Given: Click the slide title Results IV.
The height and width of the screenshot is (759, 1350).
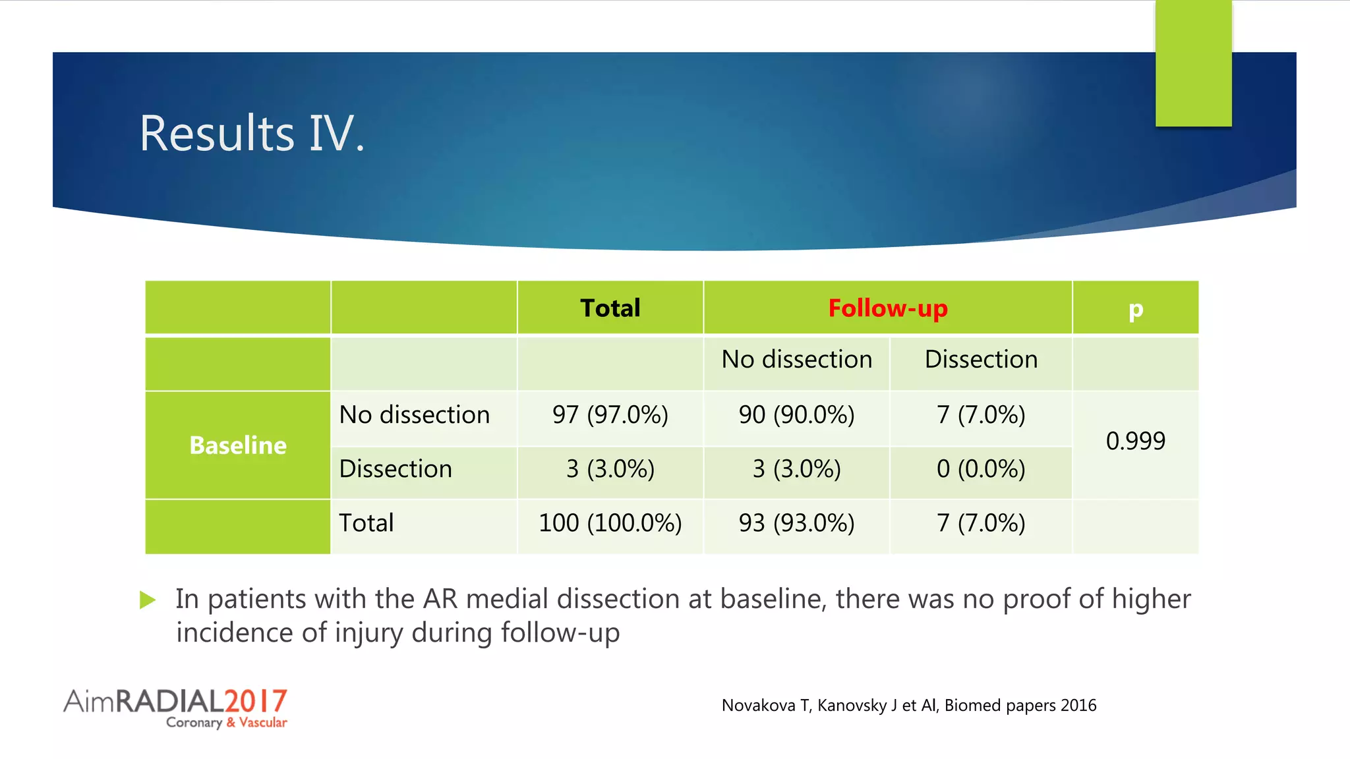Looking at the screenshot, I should coord(251,134).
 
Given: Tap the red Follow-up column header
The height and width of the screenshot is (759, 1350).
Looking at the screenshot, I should coord(887,308).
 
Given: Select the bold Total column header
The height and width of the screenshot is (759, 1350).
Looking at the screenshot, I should coord(610,308).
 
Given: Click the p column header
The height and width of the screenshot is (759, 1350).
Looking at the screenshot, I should coord(1135,309).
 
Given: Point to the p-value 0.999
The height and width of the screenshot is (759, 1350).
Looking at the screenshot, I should coord(1135,441).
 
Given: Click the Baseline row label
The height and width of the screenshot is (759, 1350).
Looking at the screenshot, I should coord(238,445).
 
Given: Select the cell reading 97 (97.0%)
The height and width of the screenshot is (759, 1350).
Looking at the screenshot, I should coord(610,415).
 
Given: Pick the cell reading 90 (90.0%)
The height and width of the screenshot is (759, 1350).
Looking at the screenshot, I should coord(796,415).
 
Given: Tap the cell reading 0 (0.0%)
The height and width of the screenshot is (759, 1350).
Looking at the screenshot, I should coord(981,469).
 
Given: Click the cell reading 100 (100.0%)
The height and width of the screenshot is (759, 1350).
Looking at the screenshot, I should coord(610,523).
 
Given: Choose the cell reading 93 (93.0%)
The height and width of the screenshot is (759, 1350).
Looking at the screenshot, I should coord(796,523).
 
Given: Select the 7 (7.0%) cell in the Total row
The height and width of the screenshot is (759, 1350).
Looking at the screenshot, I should coord(981,523).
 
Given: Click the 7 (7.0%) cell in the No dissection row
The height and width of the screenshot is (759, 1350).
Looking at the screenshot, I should coord(981,415).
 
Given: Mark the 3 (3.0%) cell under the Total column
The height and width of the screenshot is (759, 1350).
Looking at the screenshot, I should coord(610,469).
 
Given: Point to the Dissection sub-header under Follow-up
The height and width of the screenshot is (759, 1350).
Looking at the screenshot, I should coord(981,360).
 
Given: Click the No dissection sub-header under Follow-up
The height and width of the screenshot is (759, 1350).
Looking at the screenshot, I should coord(796,360).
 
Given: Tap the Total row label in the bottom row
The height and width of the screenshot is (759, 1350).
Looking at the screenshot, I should coord(367,523).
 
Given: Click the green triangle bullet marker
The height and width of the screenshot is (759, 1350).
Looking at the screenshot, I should coord(148,600).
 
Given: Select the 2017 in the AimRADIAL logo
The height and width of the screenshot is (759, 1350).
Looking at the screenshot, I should coord(255,701).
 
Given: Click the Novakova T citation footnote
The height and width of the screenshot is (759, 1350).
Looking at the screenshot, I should coord(908,706).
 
